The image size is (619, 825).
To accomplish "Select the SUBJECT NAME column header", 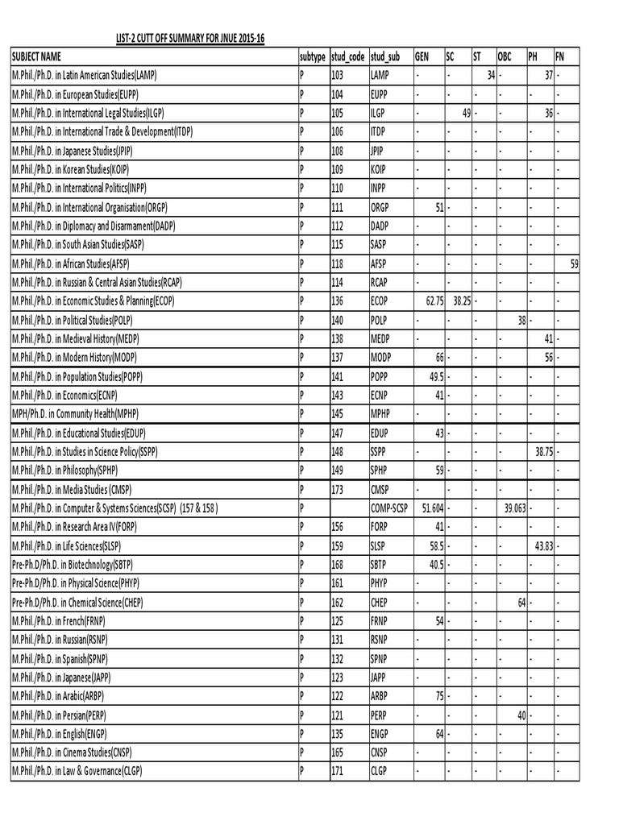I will click(x=36, y=56).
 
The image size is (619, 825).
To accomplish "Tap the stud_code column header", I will click(x=348, y=56).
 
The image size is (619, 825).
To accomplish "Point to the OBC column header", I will click(x=505, y=56).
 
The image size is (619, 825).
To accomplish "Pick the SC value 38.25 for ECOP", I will click(x=462, y=301).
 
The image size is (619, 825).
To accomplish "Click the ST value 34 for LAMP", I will click(x=490, y=75).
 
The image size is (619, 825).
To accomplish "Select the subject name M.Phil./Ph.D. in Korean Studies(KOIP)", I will click(x=84, y=169).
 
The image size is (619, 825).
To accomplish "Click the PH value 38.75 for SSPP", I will click(x=544, y=452).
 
